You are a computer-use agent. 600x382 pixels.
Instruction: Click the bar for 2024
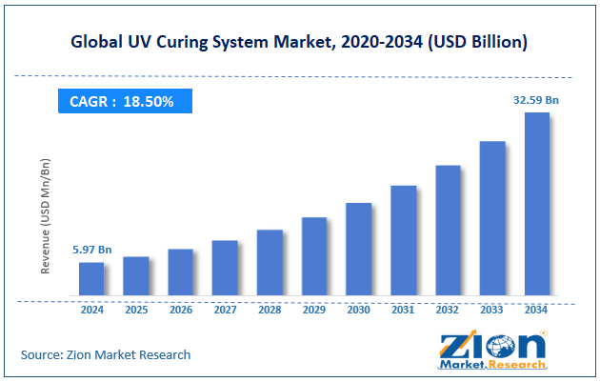[91, 279]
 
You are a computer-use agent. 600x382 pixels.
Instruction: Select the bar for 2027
[225, 268]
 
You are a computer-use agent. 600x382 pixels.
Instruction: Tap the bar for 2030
[358, 249]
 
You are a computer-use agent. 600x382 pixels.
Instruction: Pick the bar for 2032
[448, 231]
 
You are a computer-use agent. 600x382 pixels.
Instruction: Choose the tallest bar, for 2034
[536, 204]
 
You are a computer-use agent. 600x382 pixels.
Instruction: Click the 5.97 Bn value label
[92, 250]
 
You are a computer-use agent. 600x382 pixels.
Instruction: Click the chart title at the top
[300, 42]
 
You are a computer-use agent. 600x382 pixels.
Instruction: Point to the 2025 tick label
[136, 310]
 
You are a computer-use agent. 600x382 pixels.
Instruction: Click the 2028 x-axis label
[270, 310]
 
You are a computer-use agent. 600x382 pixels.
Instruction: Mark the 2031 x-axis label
[403, 310]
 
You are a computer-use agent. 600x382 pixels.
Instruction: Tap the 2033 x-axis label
[491, 310]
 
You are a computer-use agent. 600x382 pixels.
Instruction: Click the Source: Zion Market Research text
[106, 354]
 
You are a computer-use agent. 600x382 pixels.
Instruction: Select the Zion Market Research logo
[492, 350]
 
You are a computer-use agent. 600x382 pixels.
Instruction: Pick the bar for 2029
[314, 256]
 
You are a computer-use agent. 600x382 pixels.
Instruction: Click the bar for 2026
[181, 272]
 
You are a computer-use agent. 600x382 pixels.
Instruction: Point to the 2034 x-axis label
[536, 310]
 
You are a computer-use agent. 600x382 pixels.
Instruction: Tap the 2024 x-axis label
[92, 310]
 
